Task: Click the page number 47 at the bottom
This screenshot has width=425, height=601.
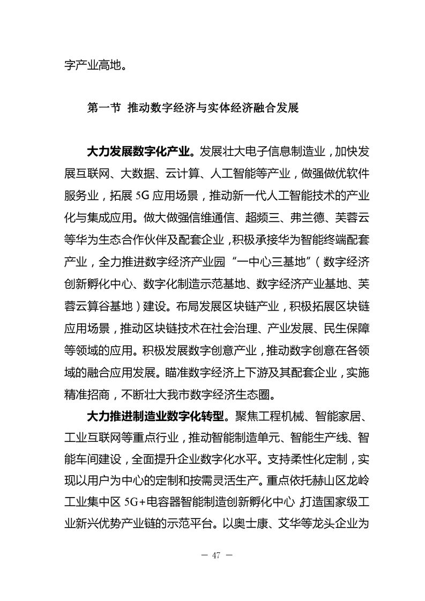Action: tap(217, 554)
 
